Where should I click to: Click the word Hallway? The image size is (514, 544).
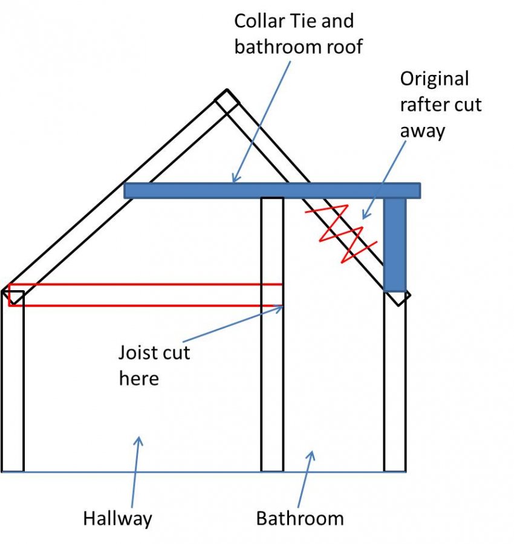point(118,519)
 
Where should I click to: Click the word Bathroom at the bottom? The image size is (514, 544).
point(300,519)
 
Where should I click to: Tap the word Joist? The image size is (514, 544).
point(138,352)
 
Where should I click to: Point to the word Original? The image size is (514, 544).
point(435,79)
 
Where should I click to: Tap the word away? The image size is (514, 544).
point(422,131)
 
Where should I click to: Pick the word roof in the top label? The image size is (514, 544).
point(344,47)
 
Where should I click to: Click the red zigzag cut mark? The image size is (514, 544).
point(342,233)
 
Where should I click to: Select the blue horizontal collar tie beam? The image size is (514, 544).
point(272,190)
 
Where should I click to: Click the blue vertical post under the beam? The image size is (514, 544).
point(395,245)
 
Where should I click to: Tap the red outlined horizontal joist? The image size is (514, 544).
point(145,295)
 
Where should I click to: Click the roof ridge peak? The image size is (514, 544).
point(227,90)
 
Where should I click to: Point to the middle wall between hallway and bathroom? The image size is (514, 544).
point(272,334)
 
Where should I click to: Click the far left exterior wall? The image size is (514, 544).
point(13,381)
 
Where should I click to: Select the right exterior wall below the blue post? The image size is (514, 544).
point(395,381)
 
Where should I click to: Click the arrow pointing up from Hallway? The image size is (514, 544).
point(135,472)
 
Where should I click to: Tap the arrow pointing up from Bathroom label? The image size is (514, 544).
point(306,479)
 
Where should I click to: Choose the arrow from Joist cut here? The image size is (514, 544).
point(233,324)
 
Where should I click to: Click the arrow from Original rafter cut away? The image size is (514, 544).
point(384,180)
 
